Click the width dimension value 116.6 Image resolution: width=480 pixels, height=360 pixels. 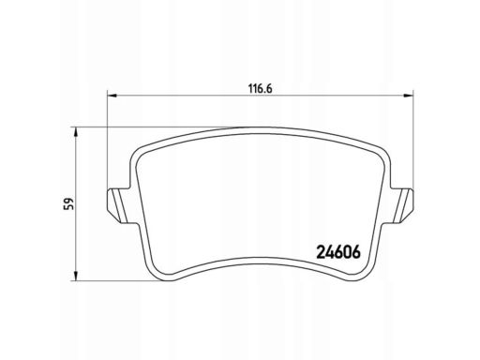click(x=261, y=89)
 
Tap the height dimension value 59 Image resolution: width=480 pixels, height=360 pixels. click(x=68, y=203)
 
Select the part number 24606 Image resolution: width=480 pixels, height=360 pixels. click(x=338, y=252)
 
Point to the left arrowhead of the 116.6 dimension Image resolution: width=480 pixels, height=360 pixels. click(x=112, y=96)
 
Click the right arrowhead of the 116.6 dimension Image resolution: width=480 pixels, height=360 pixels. click(x=409, y=96)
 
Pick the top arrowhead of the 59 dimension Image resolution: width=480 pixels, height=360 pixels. click(x=75, y=132)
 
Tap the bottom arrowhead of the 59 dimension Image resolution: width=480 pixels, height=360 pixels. click(x=75, y=276)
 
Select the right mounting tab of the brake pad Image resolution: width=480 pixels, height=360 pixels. click(x=402, y=205)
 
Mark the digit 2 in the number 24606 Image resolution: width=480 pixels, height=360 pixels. click(x=322, y=252)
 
